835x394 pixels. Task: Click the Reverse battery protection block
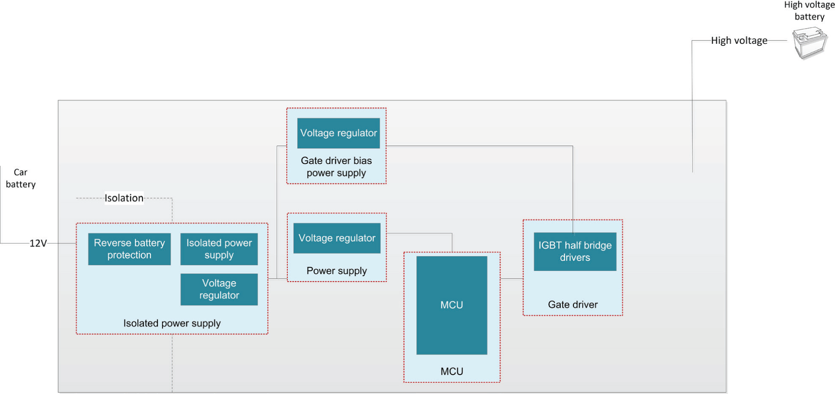click(129, 249)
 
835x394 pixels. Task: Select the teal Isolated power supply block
click(219, 249)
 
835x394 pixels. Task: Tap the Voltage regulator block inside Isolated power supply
click(219, 289)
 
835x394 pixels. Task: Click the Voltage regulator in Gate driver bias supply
click(338, 133)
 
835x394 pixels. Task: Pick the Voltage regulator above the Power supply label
click(337, 238)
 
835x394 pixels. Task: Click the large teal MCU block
click(452, 305)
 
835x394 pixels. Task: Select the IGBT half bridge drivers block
click(575, 251)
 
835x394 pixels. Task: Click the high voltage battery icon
click(809, 43)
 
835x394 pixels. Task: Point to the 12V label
click(38, 243)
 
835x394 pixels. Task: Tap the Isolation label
click(124, 198)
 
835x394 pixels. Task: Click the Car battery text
click(20, 178)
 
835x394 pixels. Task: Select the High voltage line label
click(739, 40)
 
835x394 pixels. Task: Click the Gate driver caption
click(573, 304)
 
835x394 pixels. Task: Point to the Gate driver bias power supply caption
click(336, 167)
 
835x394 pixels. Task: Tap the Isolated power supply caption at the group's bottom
click(172, 323)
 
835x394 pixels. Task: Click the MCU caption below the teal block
click(452, 371)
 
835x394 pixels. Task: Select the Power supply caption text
click(336, 271)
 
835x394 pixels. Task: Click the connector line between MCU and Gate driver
click(511, 279)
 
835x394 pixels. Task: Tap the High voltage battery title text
click(809, 11)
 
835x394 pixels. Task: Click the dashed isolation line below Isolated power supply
click(172, 364)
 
